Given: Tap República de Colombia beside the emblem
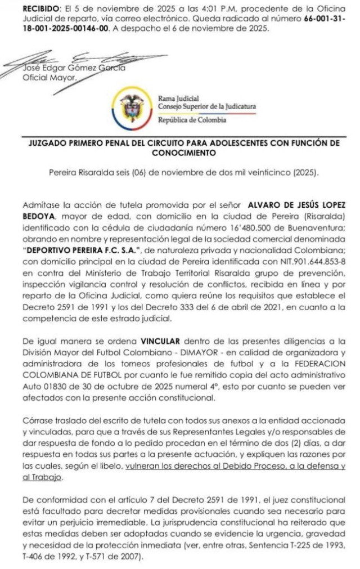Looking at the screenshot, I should pos(192,120).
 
